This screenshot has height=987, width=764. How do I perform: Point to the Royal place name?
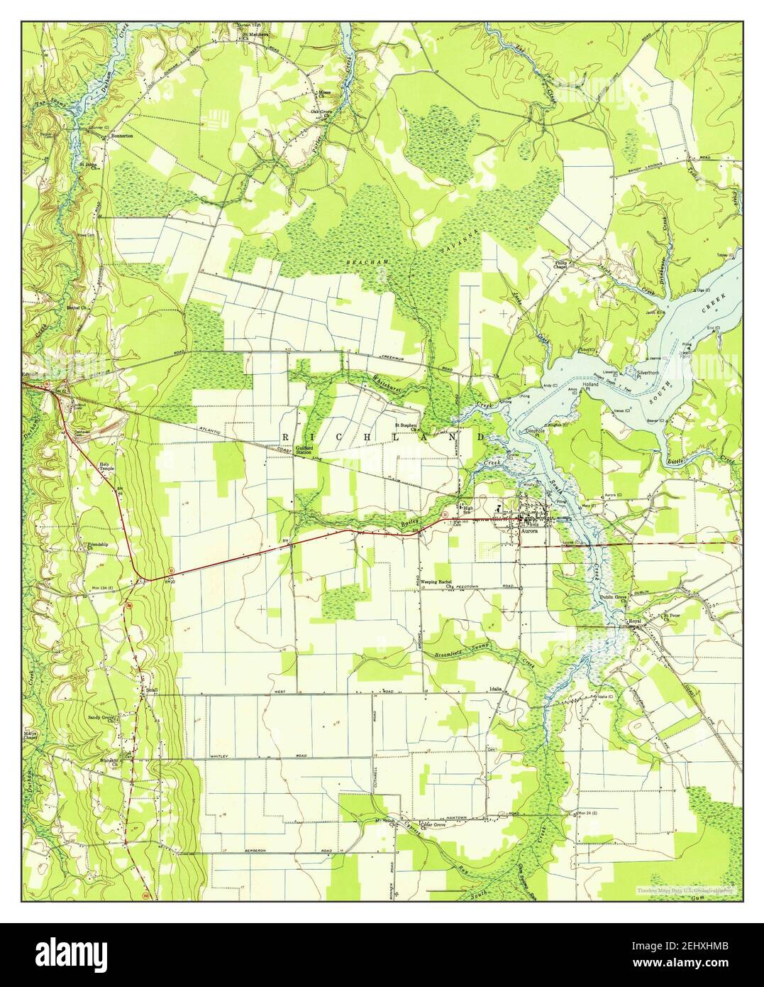tap(635, 622)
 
